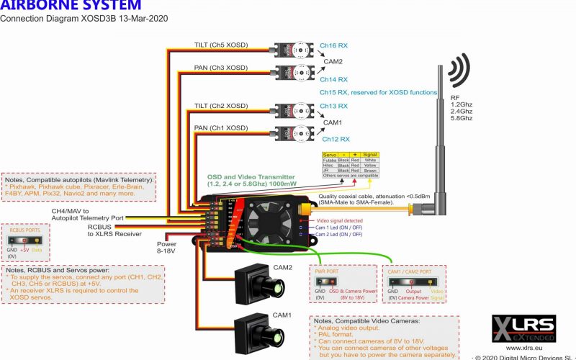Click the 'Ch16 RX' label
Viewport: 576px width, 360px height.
click(334, 45)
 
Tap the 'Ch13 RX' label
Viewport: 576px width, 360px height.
click(334, 106)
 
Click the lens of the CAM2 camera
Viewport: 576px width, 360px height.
click(273, 287)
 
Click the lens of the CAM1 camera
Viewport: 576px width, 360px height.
click(273, 336)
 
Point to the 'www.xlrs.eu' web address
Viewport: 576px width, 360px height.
click(512, 347)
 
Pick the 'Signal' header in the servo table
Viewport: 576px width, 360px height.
click(369, 155)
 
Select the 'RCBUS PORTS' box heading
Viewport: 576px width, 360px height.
click(21, 233)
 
